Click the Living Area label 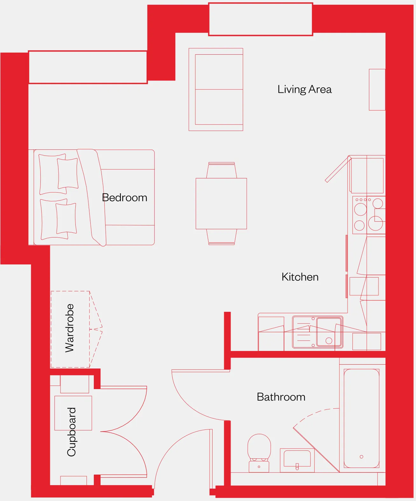[304, 90]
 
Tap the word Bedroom [125, 197]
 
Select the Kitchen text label [300, 277]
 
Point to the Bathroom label [281, 397]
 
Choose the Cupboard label [71, 432]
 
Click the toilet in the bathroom [259, 453]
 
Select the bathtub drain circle [362, 456]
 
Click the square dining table [221, 203]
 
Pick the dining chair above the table [222, 170]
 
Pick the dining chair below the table [222, 237]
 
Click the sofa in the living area [216, 90]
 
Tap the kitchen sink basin [329, 332]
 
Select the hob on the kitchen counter [369, 215]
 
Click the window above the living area [261, 19]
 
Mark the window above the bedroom [88, 67]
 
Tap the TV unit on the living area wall [377, 90]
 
